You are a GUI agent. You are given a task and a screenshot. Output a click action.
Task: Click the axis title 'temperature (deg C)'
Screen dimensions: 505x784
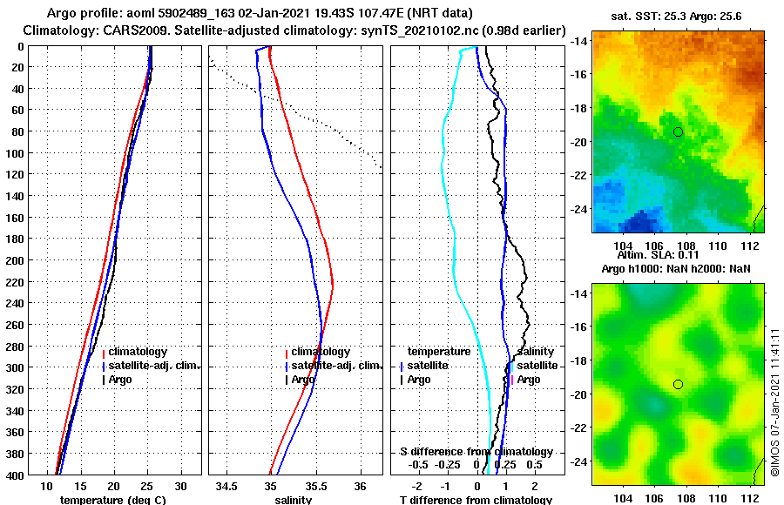coord(112,500)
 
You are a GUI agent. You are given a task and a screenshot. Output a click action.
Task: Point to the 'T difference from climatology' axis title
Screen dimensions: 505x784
coord(476,500)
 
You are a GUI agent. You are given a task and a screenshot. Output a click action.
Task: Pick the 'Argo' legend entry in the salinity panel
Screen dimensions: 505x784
coord(303,380)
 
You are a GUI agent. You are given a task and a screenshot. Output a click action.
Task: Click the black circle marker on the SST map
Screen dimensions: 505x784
coord(678,131)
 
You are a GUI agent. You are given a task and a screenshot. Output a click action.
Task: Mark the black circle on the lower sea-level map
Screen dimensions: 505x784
coord(678,384)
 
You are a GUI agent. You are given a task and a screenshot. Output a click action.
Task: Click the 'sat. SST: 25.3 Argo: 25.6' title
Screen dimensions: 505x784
coord(677,16)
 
